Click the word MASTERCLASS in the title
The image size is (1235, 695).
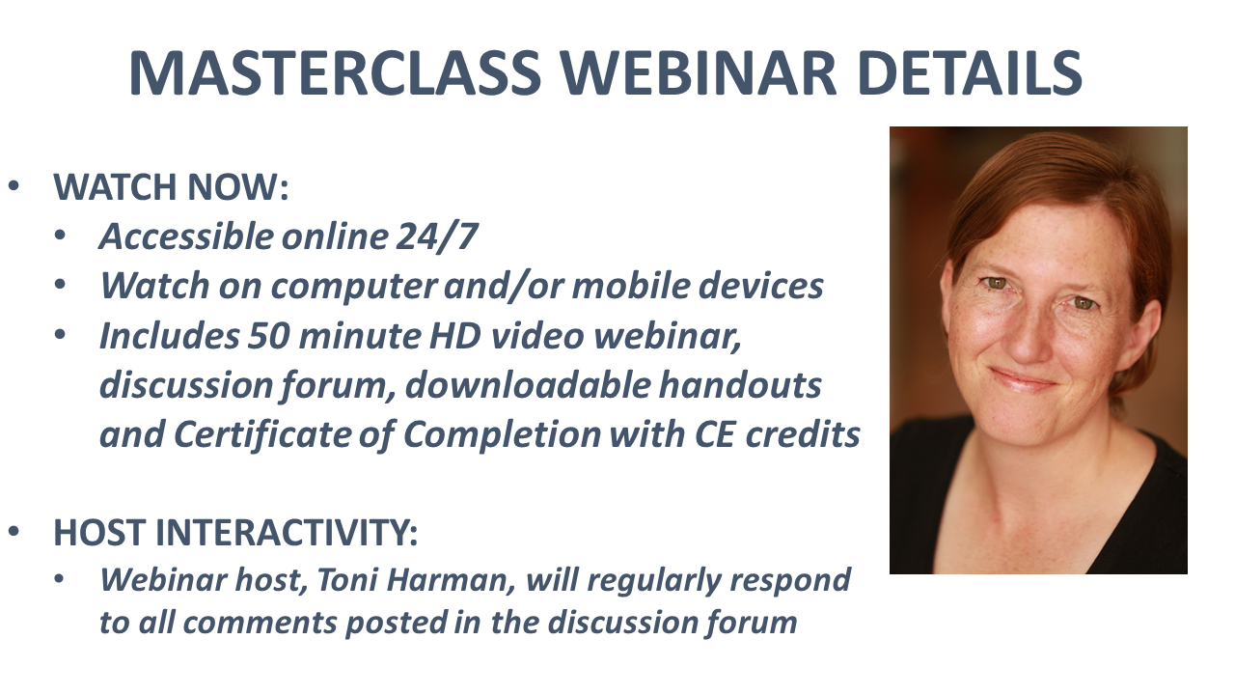(335, 72)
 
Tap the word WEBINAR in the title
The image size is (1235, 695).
(700, 72)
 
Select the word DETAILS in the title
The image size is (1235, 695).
(970, 72)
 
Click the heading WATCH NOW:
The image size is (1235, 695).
(171, 187)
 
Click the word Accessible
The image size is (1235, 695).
(187, 236)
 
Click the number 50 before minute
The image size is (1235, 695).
(268, 336)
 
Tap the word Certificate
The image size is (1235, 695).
(262, 434)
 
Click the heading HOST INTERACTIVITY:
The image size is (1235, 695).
(235, 532)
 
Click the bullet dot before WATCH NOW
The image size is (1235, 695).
(14, 186)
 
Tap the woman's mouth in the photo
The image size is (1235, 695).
(1025, 379)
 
